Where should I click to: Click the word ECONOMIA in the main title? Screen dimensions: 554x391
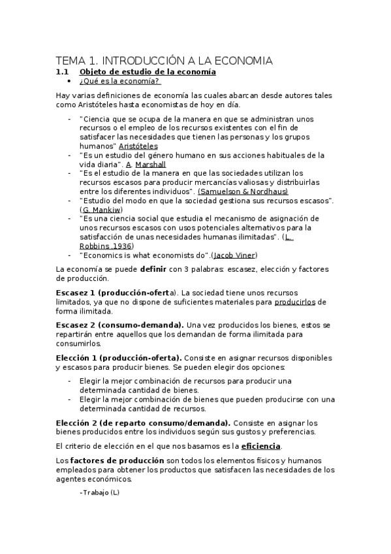(243, 61)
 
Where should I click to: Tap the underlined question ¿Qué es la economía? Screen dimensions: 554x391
(119, 81)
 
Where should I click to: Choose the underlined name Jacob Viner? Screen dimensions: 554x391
(235, 255)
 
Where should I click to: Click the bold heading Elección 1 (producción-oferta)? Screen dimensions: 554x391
(119, 358)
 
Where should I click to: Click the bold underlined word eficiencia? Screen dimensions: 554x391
(260, 446)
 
